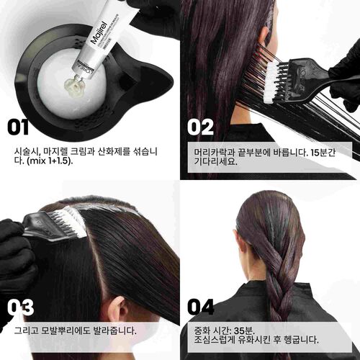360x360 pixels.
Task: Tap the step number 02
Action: (x=201, y=127)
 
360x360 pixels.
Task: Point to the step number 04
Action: (x=201, y=307)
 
